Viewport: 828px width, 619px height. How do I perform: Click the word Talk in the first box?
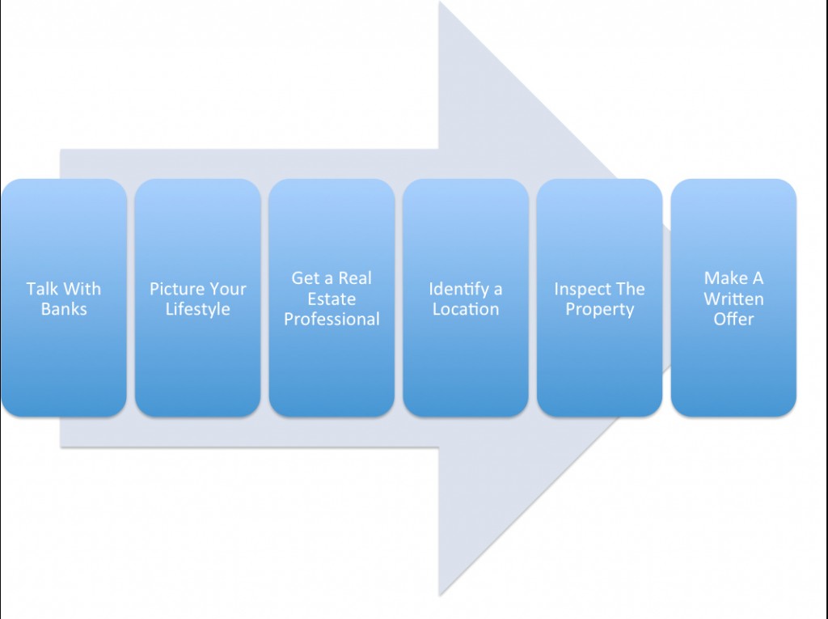[40, 289]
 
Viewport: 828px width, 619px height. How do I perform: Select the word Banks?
[64, 309]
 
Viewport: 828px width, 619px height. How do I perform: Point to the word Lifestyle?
[197, 309]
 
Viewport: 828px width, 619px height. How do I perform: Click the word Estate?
[332, 299]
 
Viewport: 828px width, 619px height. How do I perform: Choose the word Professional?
[332, 319]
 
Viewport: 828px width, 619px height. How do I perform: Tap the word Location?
[466, 309]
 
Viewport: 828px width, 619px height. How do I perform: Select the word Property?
[600, 310]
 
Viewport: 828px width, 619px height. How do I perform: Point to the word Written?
[733, 299]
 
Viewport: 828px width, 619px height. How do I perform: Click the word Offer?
[733, 319]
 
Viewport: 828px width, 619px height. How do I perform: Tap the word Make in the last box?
[721, 278]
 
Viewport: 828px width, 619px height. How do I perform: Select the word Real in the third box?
[355, 278]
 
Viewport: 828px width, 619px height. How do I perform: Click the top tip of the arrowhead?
[439, 2]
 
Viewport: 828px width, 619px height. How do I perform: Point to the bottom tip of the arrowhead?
[439, 596]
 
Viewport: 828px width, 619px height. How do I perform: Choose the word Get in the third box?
[305, 278]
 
